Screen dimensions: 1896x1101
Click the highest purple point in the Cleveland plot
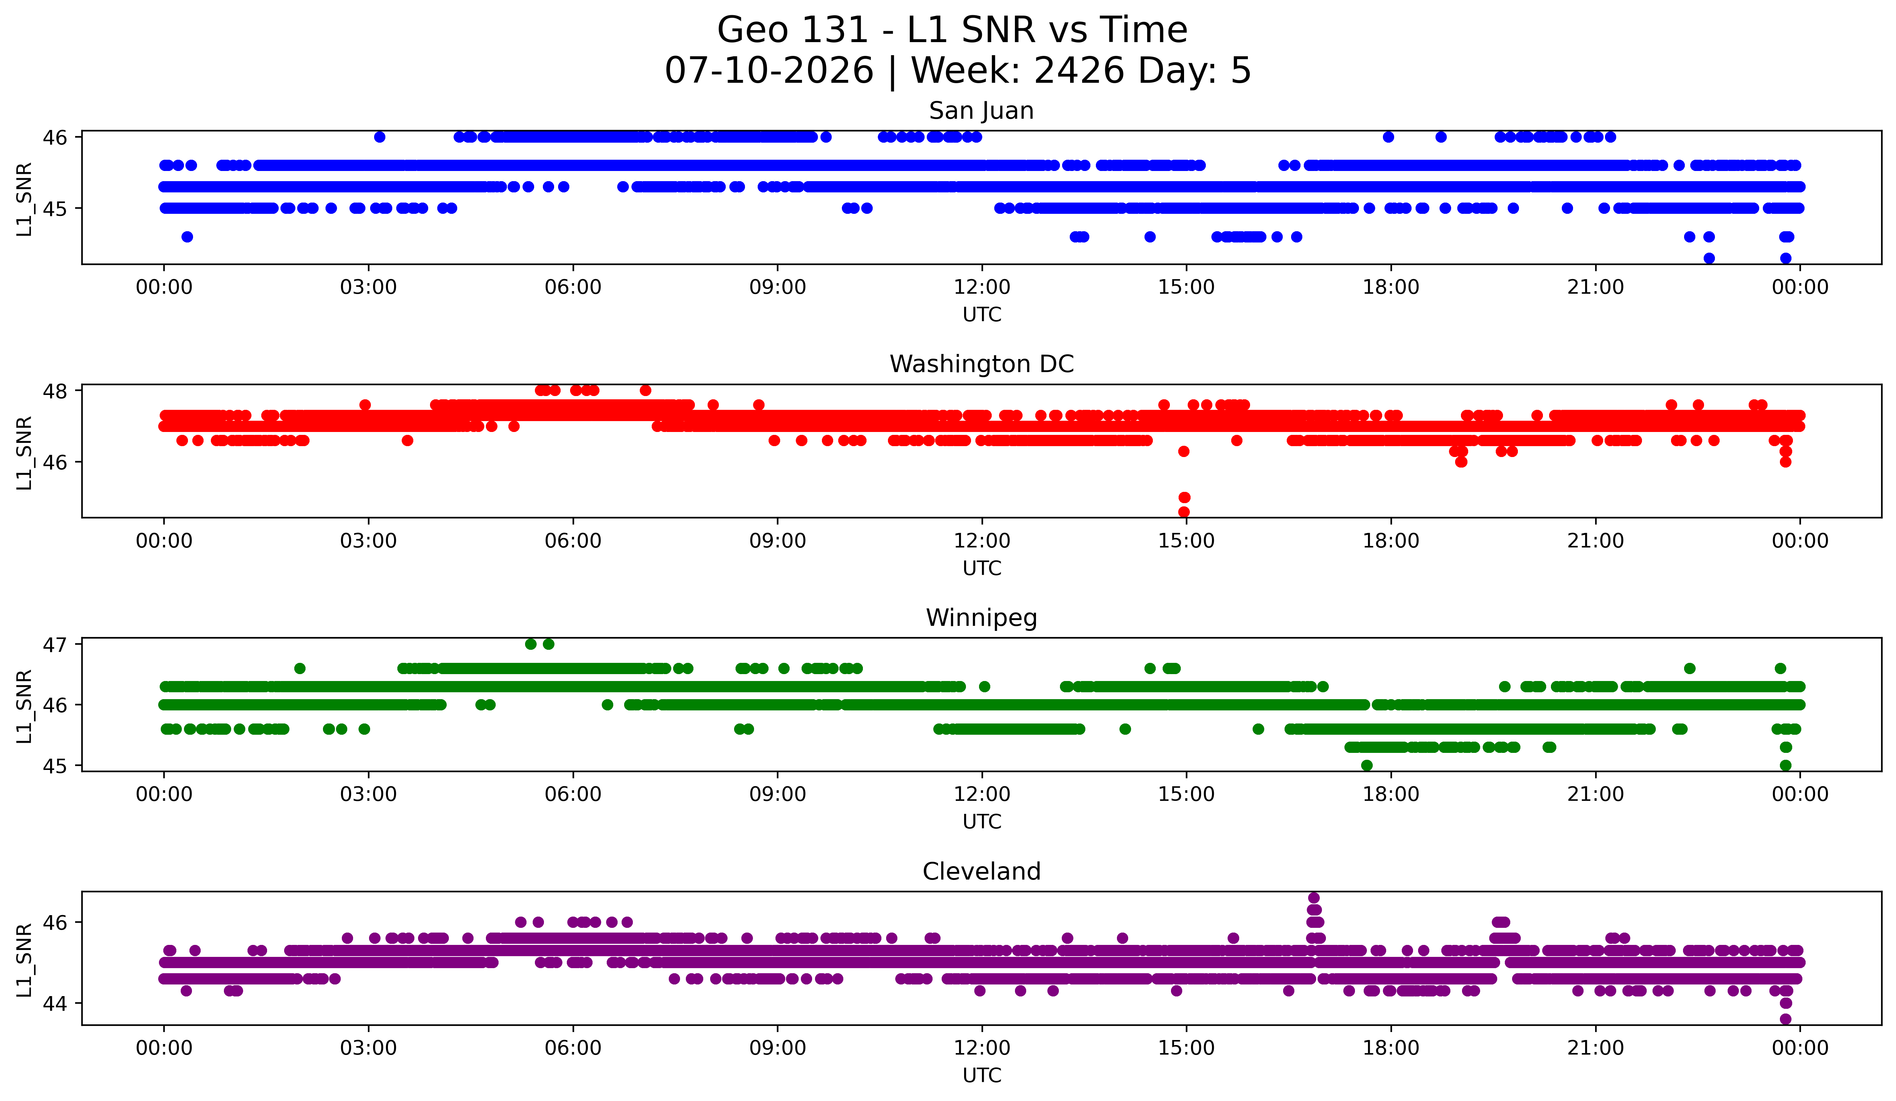[x=1314, y=898]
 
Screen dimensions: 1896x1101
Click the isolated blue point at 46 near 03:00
[x=380, y=137]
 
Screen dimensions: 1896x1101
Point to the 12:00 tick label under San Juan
[x=982, y=288]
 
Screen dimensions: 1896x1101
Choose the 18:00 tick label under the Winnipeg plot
[x=1391, y=795]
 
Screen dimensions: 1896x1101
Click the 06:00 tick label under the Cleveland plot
[x=573, y=1048]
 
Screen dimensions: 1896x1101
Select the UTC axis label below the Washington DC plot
[x=982, y=568]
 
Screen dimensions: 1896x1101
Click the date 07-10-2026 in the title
[x=769, y=71]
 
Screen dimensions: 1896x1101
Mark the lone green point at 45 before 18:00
[x=1367, y=765]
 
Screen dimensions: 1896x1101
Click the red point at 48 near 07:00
[x=646, y=391]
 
